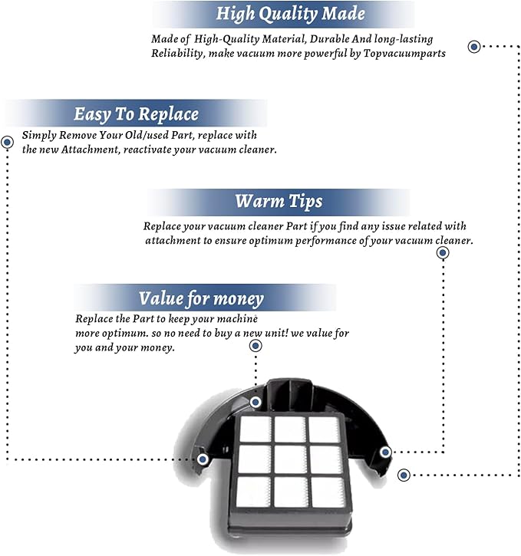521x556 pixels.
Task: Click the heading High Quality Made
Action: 291,14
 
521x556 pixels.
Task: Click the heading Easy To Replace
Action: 136,114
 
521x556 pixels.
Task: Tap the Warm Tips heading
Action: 279,202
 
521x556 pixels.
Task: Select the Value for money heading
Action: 201,298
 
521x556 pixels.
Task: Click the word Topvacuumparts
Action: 404,54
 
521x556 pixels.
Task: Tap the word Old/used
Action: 142,135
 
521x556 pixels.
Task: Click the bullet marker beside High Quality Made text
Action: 474,47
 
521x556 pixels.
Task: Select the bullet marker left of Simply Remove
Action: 7,142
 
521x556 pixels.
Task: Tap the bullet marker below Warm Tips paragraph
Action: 443,253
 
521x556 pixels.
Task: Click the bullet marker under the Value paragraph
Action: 256,346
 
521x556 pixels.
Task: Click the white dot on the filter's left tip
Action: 203,459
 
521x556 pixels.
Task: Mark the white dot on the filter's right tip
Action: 385,452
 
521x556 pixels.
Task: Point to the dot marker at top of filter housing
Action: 256,402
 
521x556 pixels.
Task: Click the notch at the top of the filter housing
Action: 291,387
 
